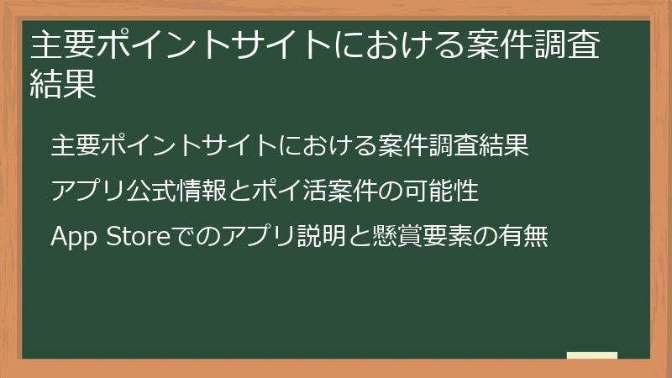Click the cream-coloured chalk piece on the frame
(591, 355)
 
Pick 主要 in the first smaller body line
(75, 144)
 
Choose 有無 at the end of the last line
(524, 237)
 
